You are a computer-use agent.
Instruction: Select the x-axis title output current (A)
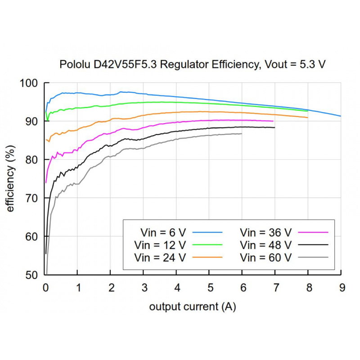tap(193, 307)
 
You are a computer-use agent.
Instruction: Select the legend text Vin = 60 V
tap(266, 257)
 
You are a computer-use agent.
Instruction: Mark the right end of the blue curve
tap(341, 116)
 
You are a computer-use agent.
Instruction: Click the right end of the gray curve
tap(242, 134)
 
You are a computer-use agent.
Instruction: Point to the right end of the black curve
tap(274, 128)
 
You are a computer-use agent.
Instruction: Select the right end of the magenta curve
tap(273, 121)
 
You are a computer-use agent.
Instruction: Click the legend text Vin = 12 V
tap(160, 245)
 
